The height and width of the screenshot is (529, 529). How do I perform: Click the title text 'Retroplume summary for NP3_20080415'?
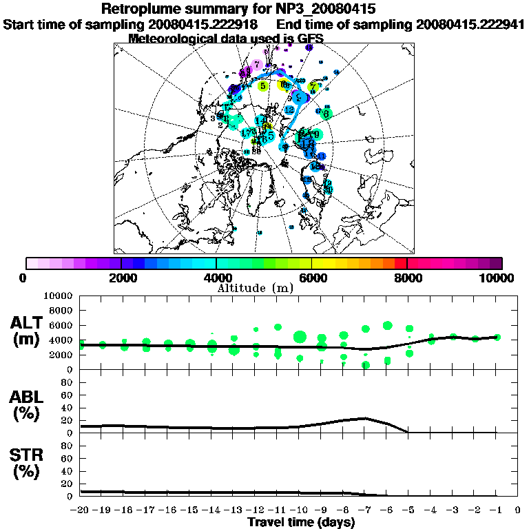coord(238,10)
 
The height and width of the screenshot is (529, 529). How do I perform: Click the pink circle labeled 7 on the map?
coord(257,65)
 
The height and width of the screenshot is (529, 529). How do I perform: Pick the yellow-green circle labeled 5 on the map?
coord(263,86)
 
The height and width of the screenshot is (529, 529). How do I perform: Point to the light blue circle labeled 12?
coord(289,110)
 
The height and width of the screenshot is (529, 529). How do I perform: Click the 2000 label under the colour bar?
coord(121,278)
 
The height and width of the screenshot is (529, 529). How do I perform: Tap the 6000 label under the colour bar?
coord(311,278)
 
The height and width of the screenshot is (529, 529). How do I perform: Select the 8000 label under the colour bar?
coord(407,278)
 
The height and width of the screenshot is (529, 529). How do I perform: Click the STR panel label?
coord(28,464)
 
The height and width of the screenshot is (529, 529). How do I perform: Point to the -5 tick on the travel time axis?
coord(408,510)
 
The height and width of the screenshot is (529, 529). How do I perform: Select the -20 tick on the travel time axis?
coord(81,510)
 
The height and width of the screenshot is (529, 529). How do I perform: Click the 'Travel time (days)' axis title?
coord(301,522)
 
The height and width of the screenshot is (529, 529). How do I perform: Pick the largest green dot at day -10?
coord(300,337)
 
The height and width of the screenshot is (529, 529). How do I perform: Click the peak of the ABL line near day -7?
coord(365,418)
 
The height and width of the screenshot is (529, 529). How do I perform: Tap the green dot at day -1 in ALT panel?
coord(497,337)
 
